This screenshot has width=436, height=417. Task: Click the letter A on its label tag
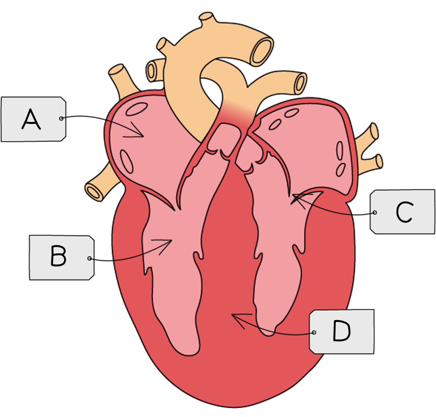31,120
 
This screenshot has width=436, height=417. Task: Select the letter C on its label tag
404,212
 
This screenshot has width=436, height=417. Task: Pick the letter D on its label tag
341,331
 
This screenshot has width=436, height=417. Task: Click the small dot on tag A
61,118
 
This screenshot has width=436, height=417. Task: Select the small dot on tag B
89,259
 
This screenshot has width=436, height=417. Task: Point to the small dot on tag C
375,213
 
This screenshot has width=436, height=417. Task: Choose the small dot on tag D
314,333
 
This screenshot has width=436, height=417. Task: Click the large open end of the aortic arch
262,51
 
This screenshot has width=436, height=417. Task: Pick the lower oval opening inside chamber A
127,162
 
